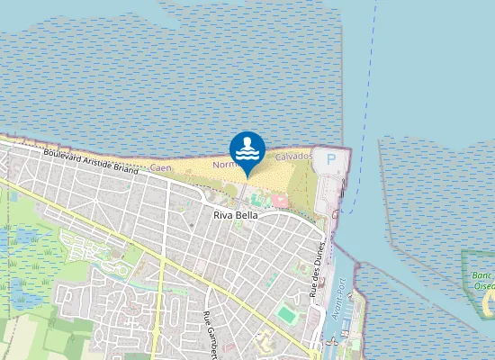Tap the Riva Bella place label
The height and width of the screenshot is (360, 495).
(x=236, y=215)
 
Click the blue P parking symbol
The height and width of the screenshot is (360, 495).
(x=331, y=159)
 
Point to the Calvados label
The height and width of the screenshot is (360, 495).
(x=293, y=157)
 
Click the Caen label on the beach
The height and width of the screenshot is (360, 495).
(x=160, y=168)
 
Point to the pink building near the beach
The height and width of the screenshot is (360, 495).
(x=278, y=198)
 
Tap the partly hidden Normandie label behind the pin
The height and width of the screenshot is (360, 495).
(x=223, y=166)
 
